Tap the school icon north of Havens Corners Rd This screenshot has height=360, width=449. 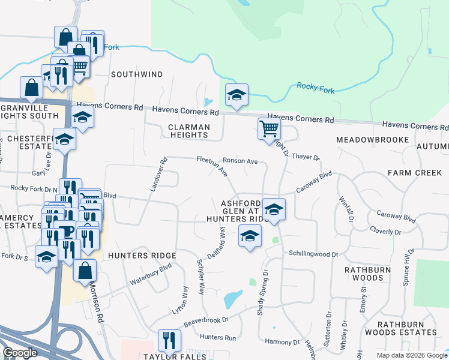click(x=237, y=95)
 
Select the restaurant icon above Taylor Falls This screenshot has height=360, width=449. click(x=169, y=340)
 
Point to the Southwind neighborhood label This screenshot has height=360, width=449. click(x=137, y=74)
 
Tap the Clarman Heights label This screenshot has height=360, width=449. click(x=189, y=131)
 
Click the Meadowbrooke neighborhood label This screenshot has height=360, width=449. click(x=372, y=139)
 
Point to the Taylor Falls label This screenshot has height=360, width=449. click(x=175, y=356)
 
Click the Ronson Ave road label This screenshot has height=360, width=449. click(x=240, y=161)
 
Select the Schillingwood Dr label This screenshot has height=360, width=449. click(x=313, y=254)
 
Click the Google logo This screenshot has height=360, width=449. click(x=20, y=353)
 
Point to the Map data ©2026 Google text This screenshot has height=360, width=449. click(x=412, y=355)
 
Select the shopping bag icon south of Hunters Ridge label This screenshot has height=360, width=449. click(x=85, y=271)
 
